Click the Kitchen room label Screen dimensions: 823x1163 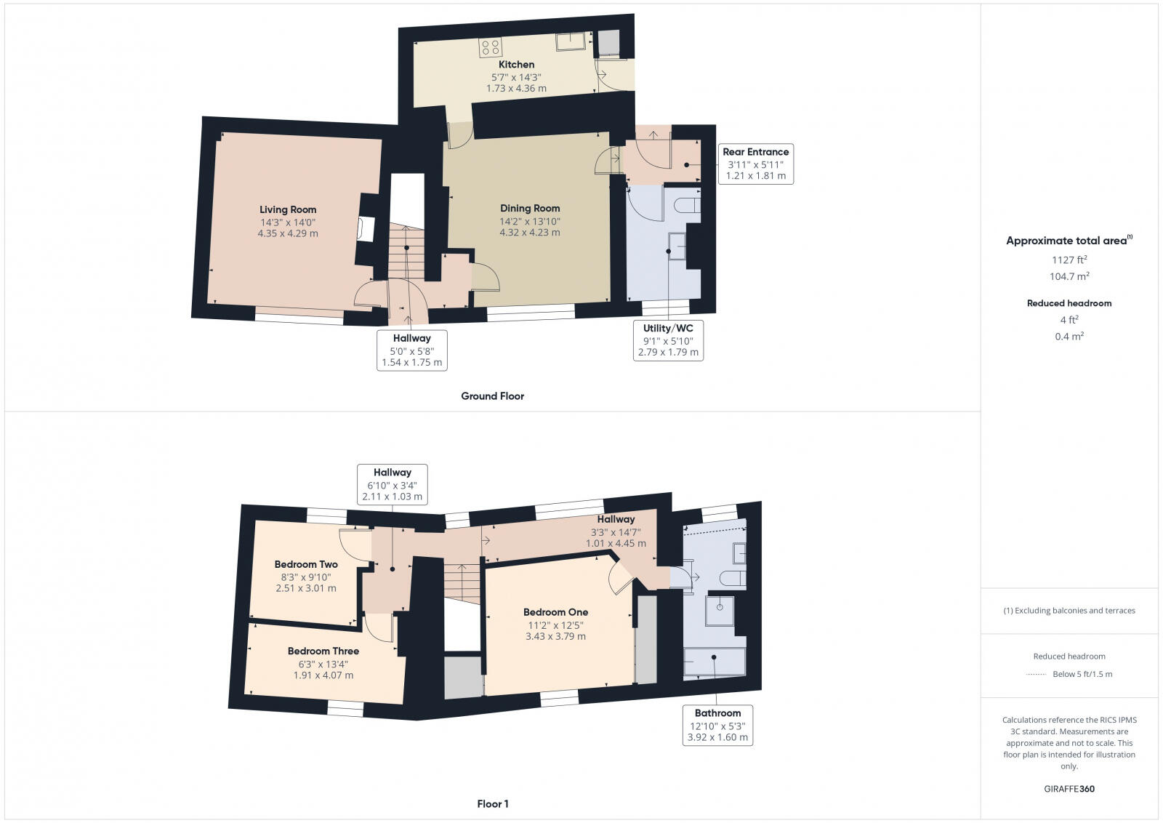pyautogui.click(x=516, y=65)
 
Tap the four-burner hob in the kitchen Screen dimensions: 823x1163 pyautogui.click(x=490, y=47)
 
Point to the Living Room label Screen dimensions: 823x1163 pyautogui.click(x=288, y=210)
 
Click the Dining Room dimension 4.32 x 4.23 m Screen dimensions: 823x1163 pyautogui.click(x=529, y=233)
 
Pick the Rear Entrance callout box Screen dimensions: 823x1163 pyautogui.click(x=755, y=164)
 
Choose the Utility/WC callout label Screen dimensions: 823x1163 pyautogui.click(x=668, y=329)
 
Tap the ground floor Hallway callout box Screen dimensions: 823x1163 pyautogui.click(x=411, y=350)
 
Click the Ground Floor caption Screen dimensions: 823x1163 pyautogui.click(x=492, y=396)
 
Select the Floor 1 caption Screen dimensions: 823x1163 pyautogui.click(x=493, y=804)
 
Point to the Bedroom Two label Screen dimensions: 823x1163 pyautogui.click(x=306, y=564)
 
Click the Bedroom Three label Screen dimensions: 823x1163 pyautogui.click(x=323, y=651)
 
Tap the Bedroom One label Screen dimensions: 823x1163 pyautogui.click(x=555, y=612)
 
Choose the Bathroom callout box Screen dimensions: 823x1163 pyautogui.click(x=717, y=725)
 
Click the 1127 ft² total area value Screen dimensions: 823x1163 pyautogui.click(x=1069, y=260)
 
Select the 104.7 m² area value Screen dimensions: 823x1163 pyautogui.click(x=1069, y=276)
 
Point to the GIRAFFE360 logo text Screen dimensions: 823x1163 pyautogui.click(x=1069, y=789)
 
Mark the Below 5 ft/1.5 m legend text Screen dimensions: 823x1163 pyautogui.click(x=1082, y=674)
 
